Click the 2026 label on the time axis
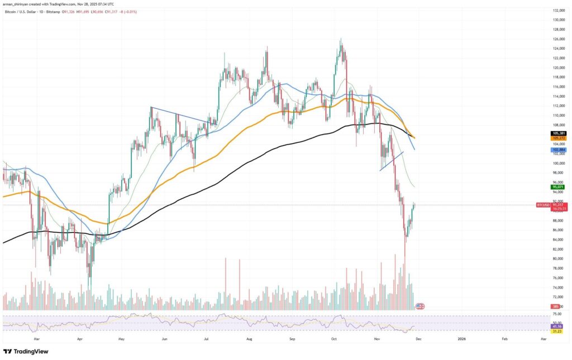tap(461, 338)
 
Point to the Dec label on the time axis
tap(419, 338)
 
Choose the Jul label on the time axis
tap(207, 338)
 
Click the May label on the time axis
tap(122, 338)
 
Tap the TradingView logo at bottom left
tap(26, 352)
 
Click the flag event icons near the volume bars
tap(420, 306)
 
